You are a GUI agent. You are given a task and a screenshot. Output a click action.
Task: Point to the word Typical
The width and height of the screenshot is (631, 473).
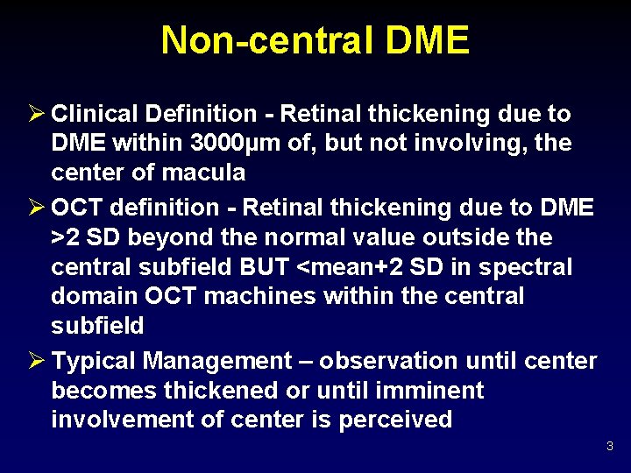pos(95,361)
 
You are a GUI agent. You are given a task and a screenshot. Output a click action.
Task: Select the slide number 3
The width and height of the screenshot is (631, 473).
pos(610,448)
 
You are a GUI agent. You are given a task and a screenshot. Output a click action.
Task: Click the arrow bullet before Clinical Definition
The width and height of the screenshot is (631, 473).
pos(35,114)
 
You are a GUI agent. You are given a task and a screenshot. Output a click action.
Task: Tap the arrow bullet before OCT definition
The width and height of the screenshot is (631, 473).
pos(35,208)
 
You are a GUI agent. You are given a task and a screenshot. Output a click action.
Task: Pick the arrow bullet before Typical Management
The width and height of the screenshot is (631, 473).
pos(35,361)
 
